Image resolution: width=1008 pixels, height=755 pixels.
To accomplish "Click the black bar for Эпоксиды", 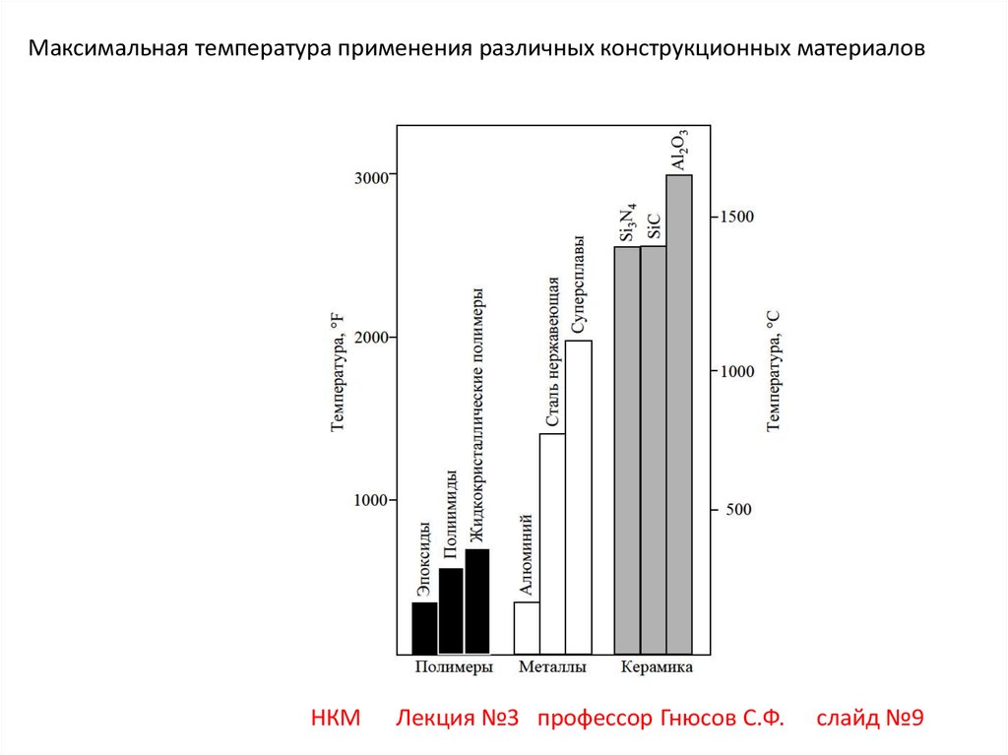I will [424, 628].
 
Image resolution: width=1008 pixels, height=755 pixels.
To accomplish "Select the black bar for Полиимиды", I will [451, 611].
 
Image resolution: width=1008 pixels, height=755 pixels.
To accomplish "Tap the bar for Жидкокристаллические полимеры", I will [477, 601].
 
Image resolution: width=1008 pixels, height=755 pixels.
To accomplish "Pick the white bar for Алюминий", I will [527, 628].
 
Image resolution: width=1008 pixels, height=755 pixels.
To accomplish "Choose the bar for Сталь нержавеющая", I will [552, 543].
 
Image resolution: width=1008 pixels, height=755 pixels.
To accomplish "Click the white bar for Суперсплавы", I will [579, 497].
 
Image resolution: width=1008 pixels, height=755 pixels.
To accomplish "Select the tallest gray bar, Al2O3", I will [679, 414].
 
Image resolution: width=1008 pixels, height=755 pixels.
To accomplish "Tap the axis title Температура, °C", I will [773, 370].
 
